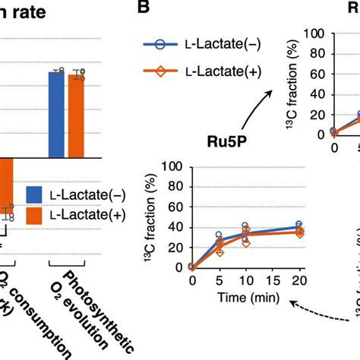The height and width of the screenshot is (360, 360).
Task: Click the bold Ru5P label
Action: (230, 141)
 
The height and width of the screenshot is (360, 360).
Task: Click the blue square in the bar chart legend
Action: (36, 195)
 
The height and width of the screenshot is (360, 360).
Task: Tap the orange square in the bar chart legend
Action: (36, 215)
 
